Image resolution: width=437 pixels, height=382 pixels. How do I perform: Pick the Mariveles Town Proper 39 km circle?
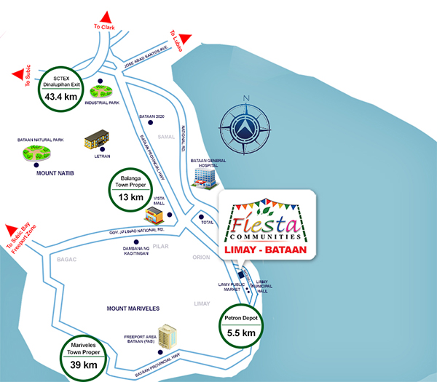pyautogui.click(x=84, y=357)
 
